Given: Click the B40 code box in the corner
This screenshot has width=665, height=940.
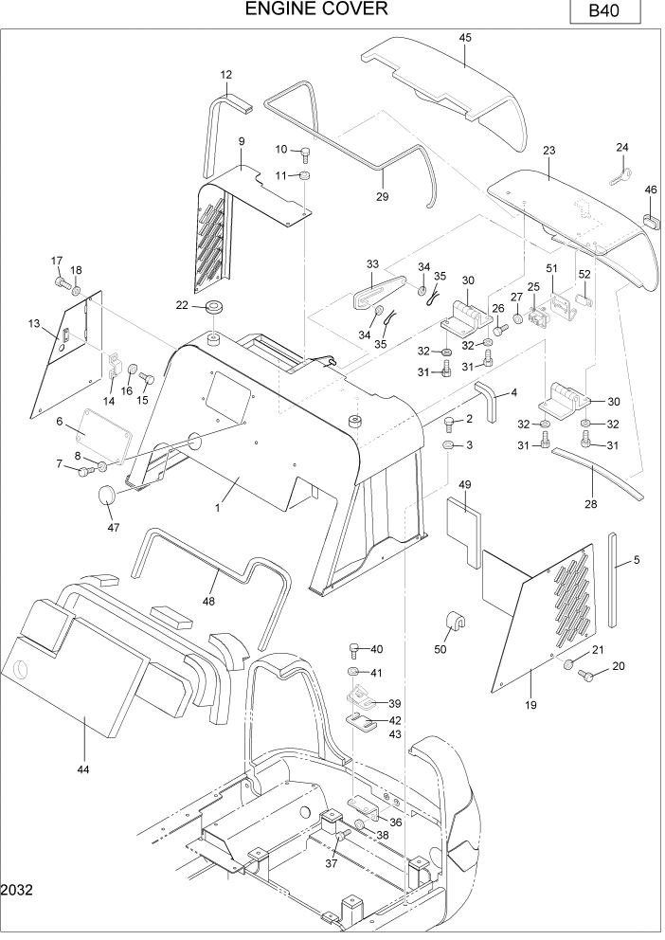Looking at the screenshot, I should click(605, 11).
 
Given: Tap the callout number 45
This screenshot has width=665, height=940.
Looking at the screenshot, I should click(465, 37).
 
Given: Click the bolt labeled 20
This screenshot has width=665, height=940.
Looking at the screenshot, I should click(584, 676).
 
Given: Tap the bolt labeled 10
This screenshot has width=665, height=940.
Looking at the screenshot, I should click(305, 154).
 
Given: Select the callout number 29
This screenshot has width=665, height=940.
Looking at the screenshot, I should click(383, 196).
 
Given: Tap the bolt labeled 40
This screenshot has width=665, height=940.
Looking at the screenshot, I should click(354, 649).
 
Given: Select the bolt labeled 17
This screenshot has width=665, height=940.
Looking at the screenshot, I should click(63, 281).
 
